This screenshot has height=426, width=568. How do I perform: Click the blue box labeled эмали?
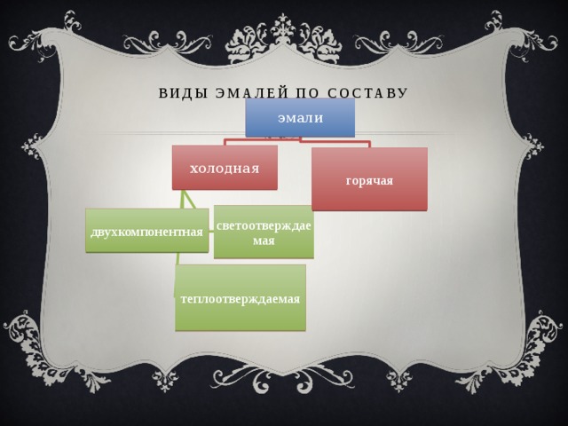tap(300, 117)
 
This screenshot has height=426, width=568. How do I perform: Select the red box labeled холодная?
tap(225, 168)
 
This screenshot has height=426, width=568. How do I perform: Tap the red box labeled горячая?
tap(369, 179)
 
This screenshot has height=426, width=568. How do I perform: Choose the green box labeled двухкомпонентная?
tap(147, 231)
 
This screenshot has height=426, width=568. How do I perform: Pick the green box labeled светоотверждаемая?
tap(264, 232)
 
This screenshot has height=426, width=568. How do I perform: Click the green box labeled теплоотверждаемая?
tap(241, 298)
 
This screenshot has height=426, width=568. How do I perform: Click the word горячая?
tap(369, 180)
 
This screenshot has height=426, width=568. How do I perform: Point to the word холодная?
tap(225, 169)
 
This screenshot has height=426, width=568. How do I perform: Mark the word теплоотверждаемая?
tap(241, 299)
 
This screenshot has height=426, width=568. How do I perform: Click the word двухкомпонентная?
tap(146, 232)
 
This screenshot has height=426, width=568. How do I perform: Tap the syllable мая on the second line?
tap(264, 241)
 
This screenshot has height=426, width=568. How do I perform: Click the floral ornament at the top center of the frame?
tap(283, 40)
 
